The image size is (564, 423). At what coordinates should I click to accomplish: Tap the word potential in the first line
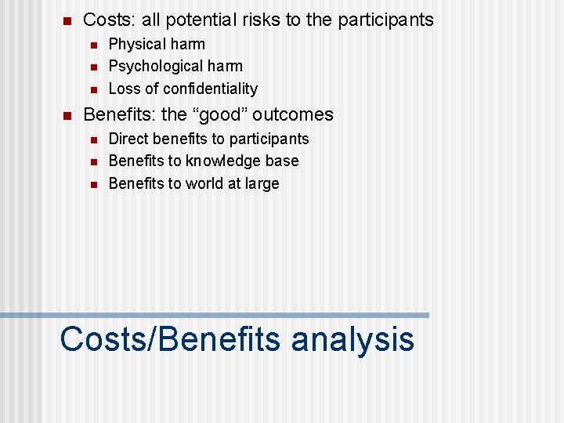(x=207, y=20)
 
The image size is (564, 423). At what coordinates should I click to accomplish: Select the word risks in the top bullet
(x=264, y=20)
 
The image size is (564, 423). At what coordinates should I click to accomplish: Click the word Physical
(x=137, y=45)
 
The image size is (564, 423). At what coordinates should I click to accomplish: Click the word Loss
(x=124, y=89)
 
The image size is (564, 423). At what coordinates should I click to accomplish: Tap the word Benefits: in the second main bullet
(x=119, y=114)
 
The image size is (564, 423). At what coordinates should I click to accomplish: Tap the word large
(x=261, y=183)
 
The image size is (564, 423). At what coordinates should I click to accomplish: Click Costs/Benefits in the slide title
(x=170, y=339)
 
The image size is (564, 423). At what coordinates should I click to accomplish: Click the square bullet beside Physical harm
(x=93, y=45)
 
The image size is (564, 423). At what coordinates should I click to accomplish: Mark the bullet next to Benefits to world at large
(x=93, y=183)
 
